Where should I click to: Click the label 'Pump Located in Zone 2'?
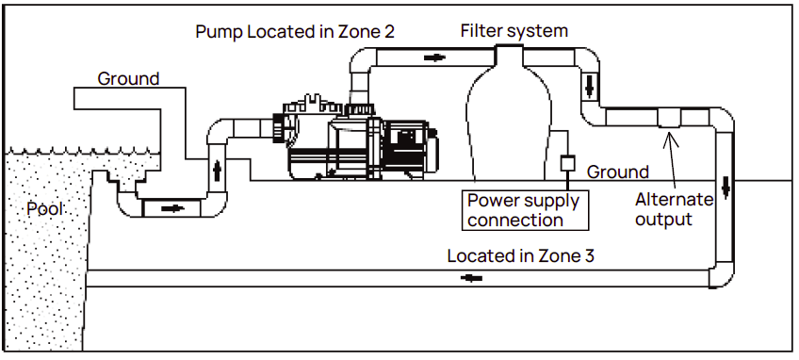[x=294, y=31]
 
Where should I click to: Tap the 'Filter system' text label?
[x=514, y=30]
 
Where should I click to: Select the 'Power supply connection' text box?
[x=526, y=209]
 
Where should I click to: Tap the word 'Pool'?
[x=45, y=208]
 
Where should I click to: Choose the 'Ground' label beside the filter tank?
[x=617, y=172]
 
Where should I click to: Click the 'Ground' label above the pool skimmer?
[x=128, y=78]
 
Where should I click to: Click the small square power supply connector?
[x=567, y=163]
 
